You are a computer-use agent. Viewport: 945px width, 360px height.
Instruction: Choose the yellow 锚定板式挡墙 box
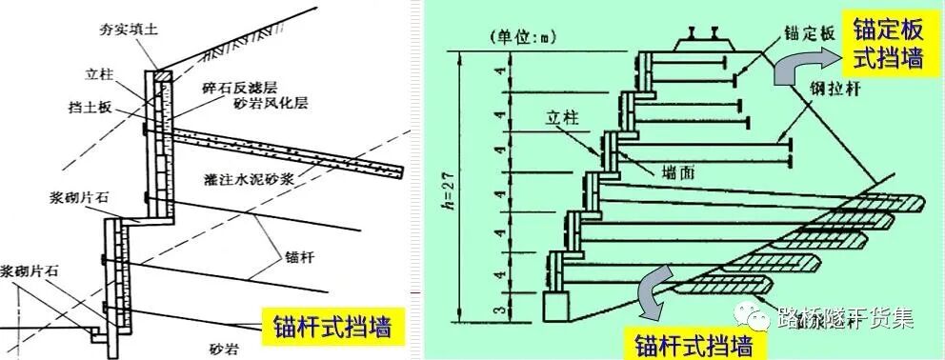(887, 47)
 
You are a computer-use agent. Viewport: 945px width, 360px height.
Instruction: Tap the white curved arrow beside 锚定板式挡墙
(802, 70)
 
